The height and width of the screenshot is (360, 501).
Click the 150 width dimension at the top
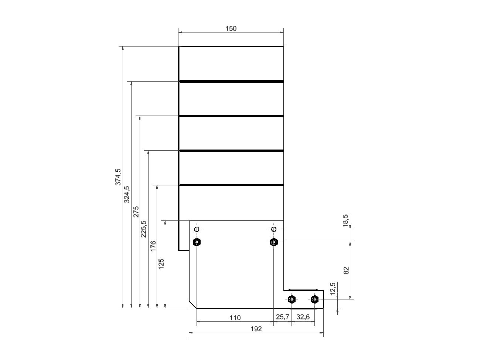coord(231,28)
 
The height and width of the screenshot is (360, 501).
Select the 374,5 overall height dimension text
coord(118,177)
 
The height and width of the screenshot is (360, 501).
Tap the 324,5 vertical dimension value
coord(127,195)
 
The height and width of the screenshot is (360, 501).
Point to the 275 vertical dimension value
coord(136,212)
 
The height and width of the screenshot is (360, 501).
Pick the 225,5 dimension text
coord(143,229)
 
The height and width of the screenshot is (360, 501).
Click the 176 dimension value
coord(153,246)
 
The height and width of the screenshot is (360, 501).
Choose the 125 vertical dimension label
coord(161,264)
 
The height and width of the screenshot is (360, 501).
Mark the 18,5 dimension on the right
coord(345,221)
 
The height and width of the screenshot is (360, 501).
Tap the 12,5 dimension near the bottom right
coord(333,289)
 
